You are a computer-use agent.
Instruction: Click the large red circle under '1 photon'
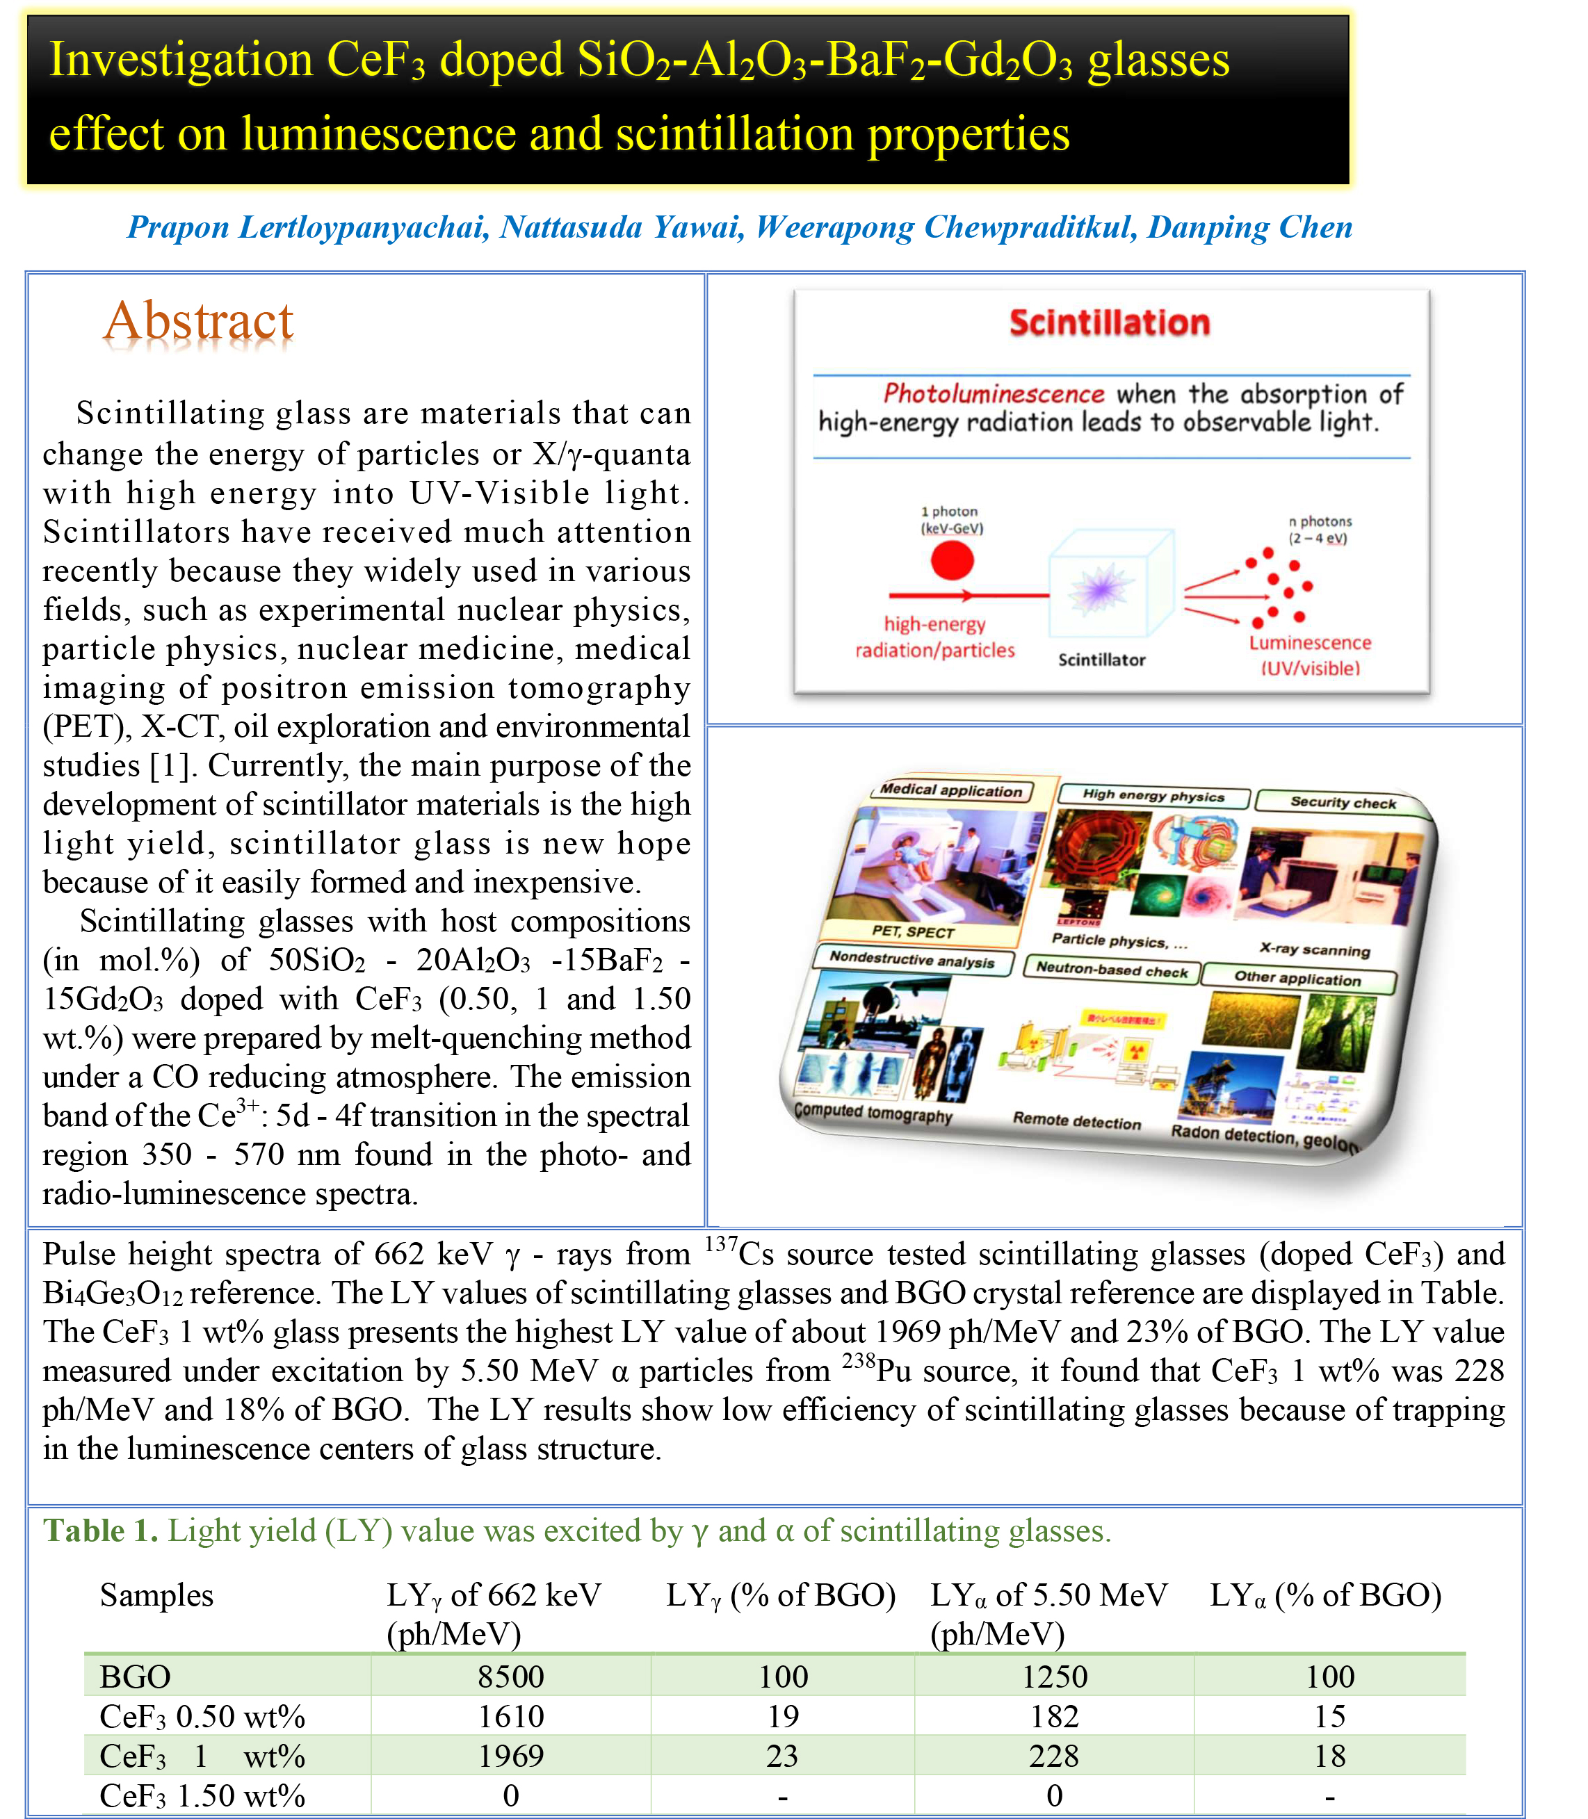[x=952, y=560]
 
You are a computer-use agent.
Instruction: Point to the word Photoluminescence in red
[x=994, y=393]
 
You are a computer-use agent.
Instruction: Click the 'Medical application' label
[x=951, y=790]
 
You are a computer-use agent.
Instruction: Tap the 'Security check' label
[x=1343, y=802]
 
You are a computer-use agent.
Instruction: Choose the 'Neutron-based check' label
[x=1111, y=970]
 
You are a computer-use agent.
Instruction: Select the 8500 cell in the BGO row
[x=510, y=1677]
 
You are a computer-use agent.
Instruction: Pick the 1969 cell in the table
[x=510, y=1755]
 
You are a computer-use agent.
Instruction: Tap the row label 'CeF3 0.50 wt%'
[x=202, y=1716]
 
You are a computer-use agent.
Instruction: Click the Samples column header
[x=157, y=1594]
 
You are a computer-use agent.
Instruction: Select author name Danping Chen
[x=1249, y=228]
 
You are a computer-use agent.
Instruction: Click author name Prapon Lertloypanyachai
[x=307, y=228]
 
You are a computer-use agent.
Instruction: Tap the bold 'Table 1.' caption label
[x=101, y=1530]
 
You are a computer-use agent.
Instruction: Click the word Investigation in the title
[x=181, y=60]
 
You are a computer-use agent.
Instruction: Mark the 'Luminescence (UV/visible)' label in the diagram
[x=1310, y=655]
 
